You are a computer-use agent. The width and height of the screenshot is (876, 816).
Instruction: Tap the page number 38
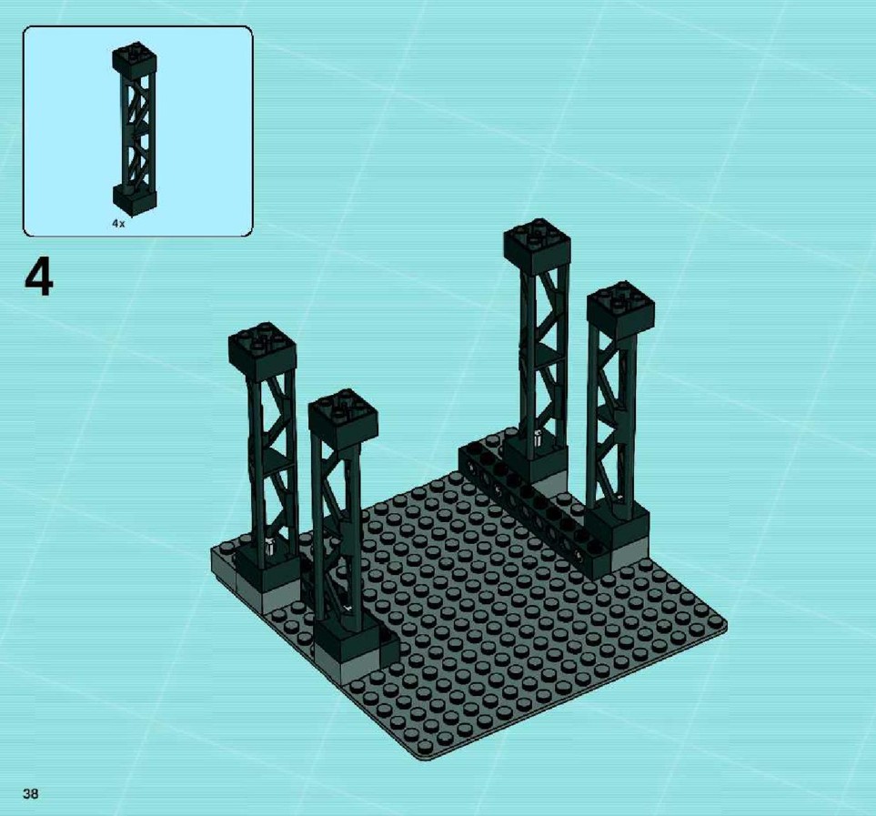(31, 793)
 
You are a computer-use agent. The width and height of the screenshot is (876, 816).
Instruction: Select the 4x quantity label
(118, 224)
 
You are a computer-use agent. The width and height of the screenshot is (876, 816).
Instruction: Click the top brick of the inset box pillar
(134, 57)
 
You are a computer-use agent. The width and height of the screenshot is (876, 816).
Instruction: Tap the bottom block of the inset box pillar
(134, 200)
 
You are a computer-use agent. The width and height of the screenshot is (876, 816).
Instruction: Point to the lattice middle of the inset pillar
(135, 129)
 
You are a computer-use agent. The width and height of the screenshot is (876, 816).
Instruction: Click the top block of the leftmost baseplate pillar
(262, 350)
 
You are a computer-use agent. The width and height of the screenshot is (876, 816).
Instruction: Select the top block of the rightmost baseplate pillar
(620, 310)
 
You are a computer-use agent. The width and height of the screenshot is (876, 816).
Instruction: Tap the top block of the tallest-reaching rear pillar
(537, 246)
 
